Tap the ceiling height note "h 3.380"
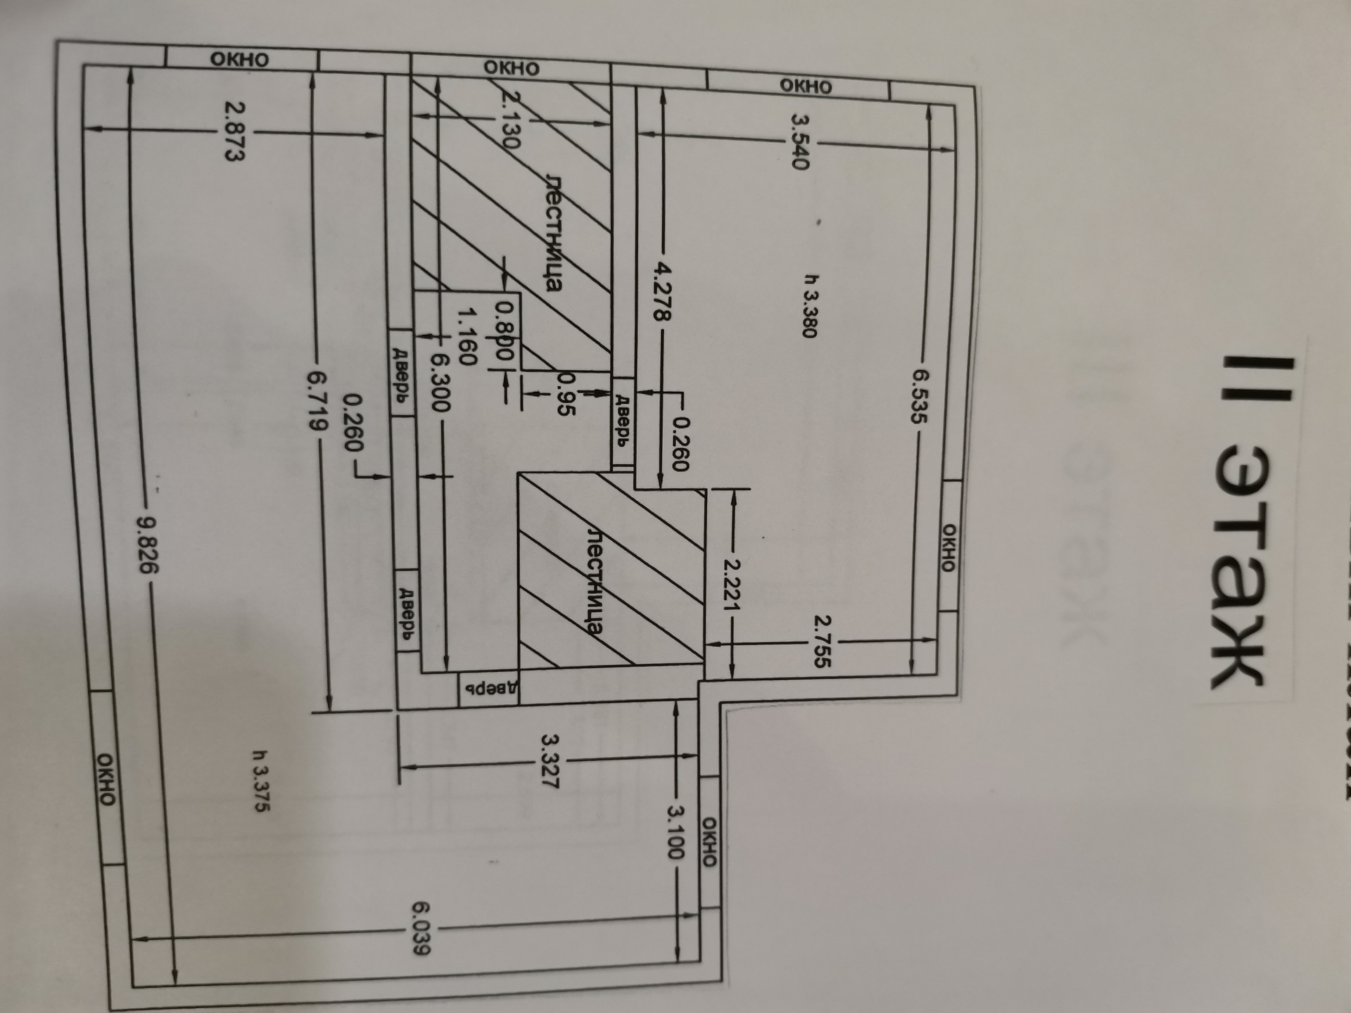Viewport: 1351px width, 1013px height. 809,306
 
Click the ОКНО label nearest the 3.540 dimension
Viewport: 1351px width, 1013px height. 806,86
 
